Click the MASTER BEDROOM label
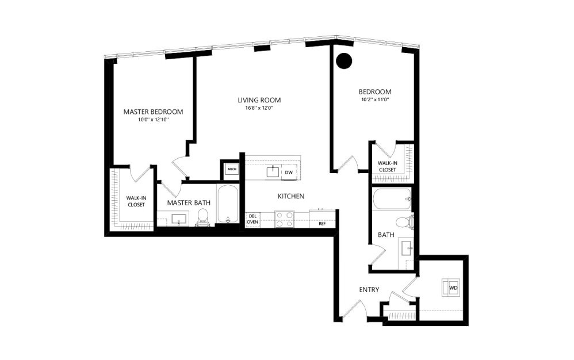click(x=153, y=112)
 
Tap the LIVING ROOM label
click(x=259, y=100)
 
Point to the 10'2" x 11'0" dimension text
click(x=375, y=99)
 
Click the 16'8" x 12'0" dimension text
click(x=259, y=108)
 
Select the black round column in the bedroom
click(x=344, y=60)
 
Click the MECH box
click(x=231, y=169)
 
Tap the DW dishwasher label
click(x=289, y=172)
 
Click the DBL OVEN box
click(x=252, y=219)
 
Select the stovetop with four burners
click(x=285, y=219)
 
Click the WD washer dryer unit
click(x=452, y=287)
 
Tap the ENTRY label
click(x=369, y=290)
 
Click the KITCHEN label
click(x=290, y=197)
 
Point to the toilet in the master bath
click(x=202, y=217)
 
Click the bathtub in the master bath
click(x=228, y=205)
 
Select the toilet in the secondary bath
click(x=404, y=222)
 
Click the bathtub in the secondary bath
click(x=392, y=200)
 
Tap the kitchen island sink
click(x=273, y=171)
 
